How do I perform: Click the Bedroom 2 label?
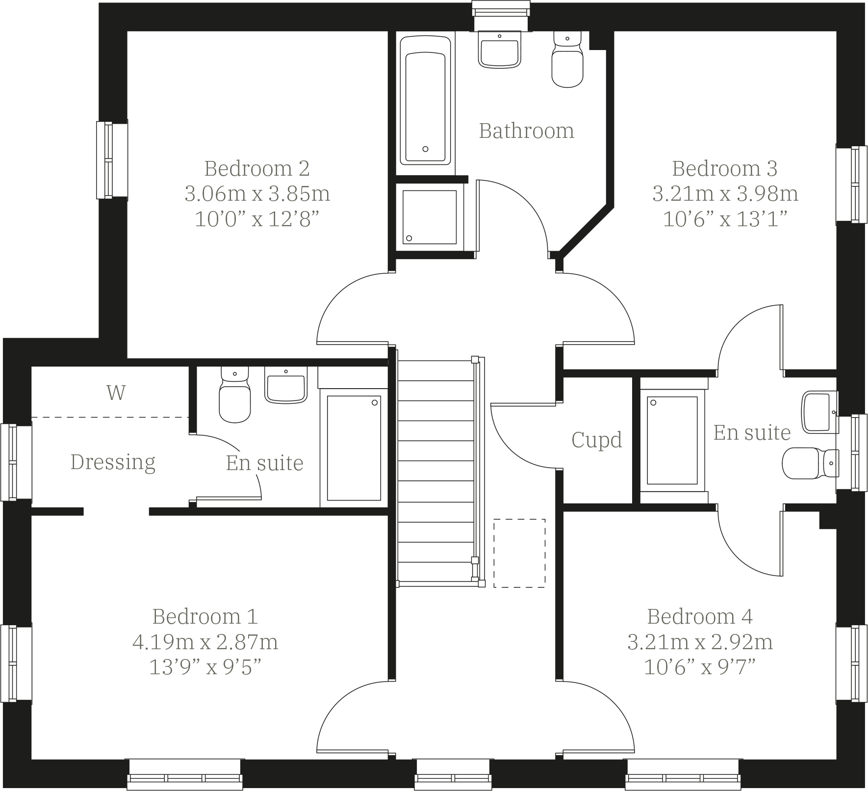tap(257, 168)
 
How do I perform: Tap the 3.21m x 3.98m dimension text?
tap(725, 194)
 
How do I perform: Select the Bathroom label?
tap(526, 131)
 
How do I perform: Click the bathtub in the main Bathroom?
tap(425, 101)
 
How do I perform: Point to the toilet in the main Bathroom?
tap(567, 61)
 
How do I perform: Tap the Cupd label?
tap(596, 440)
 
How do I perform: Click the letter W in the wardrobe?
tap(116, 393)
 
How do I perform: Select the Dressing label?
tap(113, 462)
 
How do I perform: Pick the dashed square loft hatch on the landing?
tap(519, 553)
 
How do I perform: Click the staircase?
tap(435, 471)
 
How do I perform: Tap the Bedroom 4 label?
tap(699, 616)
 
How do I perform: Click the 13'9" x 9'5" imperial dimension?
tap(205, 667)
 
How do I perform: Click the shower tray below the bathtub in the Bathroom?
tap(430, 217)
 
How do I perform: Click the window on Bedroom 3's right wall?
tap(851, 185)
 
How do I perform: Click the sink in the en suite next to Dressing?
tap(286, 385)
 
